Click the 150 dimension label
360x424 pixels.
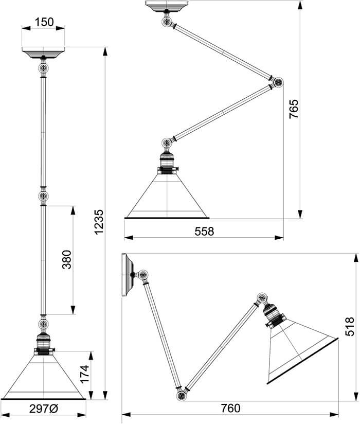point(44,22)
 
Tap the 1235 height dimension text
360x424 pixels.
point(100,222)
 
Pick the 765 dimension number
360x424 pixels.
point(294,109)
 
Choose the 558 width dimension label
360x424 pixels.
point(204,232)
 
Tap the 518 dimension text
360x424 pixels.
point(349,326)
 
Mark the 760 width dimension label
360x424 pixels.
point(230,408)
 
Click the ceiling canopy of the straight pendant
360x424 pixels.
point(43,52)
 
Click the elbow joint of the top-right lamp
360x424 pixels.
point(278,82)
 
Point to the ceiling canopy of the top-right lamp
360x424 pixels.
point(166,6)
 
